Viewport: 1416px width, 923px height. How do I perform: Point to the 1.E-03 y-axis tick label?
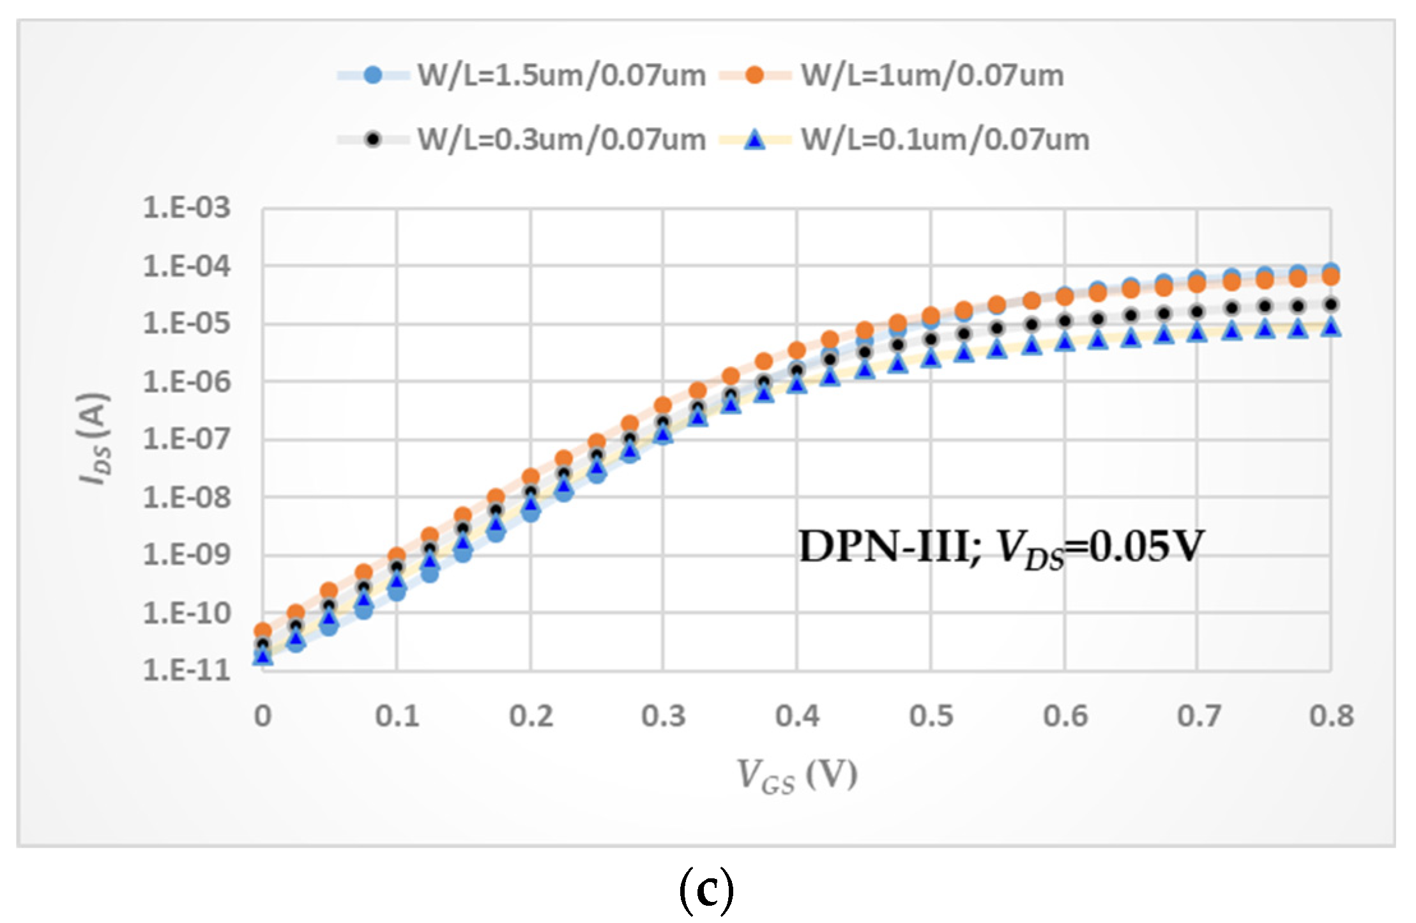[x=187, y=208]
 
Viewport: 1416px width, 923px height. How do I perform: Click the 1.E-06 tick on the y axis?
[x=187, y=382]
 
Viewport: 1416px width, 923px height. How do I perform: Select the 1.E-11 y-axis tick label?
[x=187, y=671]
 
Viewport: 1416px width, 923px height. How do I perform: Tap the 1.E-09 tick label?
[x=187, y=554]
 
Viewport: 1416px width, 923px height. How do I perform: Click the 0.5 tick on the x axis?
[x=931, y=716]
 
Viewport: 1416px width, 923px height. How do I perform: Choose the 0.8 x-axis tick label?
[x=1332, y=716]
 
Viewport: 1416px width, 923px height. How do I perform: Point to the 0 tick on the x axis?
[x=263, y=716]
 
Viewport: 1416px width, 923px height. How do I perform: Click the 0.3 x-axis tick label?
[x=664, y=716]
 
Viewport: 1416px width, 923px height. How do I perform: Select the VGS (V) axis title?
[x=796, y=775]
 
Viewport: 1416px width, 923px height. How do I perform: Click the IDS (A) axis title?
[x=94, y=438]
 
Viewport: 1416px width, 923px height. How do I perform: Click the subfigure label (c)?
[x=706, y=890]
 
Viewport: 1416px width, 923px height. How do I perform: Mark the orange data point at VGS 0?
[x=263, y=630]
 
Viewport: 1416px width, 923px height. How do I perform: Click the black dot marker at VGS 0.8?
[x=1331, y=304]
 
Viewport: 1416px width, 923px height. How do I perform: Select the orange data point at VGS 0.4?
[x=796, y=350]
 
